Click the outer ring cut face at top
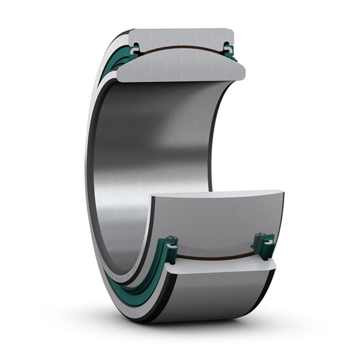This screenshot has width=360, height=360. [x=180, y=37]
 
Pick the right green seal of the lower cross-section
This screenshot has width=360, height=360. [x=263, y=245]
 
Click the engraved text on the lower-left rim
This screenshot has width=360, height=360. [x=120, y=276]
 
